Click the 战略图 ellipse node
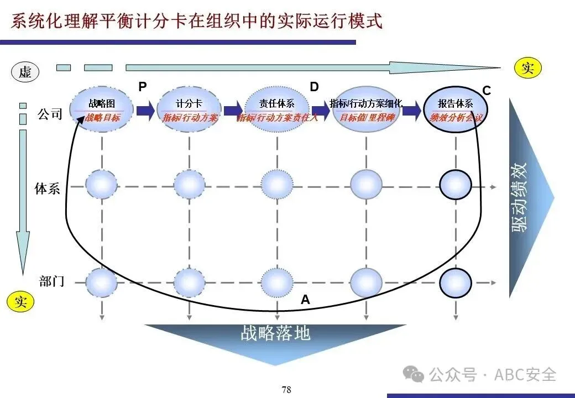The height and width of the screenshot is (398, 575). (102, 109)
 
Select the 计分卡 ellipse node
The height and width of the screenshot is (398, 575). (189, 109)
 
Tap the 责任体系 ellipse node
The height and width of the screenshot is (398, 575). (276, 109)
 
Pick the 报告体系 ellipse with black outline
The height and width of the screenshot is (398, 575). (456, 109)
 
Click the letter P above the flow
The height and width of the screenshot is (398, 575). (143, 86)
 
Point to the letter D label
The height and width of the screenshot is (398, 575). (314, 87)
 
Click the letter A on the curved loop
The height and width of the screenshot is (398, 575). (305, 300)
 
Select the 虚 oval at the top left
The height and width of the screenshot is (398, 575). (25, 71)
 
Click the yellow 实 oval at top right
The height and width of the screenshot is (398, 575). (527, 68)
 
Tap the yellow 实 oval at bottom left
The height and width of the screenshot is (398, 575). (20, 302)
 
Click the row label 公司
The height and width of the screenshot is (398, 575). (50, 115)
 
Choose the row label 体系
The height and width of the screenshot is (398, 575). (48, 188)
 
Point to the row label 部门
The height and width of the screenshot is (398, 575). (52, 281)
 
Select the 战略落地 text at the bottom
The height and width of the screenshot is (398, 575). (275, 333)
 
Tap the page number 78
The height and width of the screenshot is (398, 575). (286, 390)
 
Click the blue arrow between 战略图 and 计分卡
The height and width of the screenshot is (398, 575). (145, 110)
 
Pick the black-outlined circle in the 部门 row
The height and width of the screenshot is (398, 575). (456, 282)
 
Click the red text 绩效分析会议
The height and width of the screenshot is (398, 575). (457, 118)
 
